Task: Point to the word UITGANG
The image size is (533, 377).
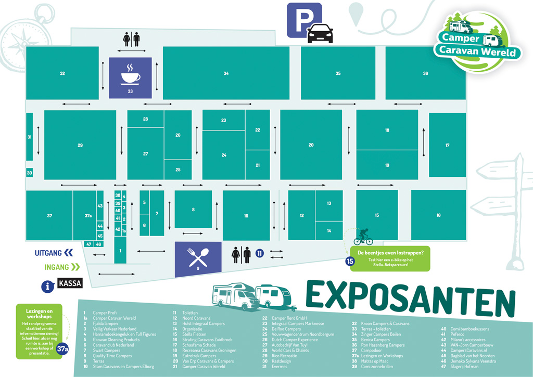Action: [x=48, y=253]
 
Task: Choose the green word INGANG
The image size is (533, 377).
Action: [x=56, y=267]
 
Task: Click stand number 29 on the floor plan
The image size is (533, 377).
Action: [x=80, y=145]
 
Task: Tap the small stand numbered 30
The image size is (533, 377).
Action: [x=29, y=173]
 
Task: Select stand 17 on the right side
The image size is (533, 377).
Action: [x=447, y=145]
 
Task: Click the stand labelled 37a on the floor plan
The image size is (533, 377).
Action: [x=84, y=215]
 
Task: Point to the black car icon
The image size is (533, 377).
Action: [x=320, y=33]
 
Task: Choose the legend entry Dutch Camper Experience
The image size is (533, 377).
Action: [x=294, y=340]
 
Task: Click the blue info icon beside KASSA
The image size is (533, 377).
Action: [x=48, y=285]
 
